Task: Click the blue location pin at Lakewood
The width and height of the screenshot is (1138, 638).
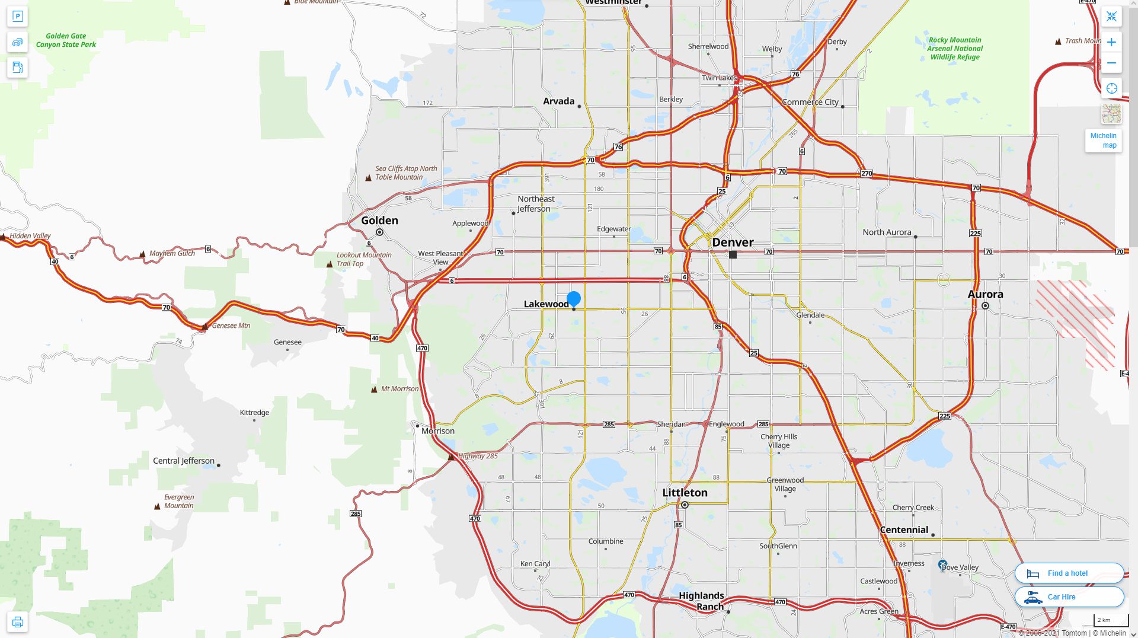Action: click(573, 299)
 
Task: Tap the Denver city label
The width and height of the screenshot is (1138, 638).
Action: click(733, 242)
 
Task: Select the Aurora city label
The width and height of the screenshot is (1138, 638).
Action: click(985, 294)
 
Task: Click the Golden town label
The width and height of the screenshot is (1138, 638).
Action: click(379, 221)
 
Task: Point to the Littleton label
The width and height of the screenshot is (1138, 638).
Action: click(685, 493)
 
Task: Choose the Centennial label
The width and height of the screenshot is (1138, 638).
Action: click(903, 530)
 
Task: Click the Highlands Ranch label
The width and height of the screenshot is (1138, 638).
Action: click(701, 601)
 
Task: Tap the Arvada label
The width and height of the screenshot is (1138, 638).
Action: click(558, 101)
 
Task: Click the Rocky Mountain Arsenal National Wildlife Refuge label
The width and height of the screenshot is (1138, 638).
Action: click(954, 49)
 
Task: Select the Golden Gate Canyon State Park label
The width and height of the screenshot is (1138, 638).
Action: click(66, 40)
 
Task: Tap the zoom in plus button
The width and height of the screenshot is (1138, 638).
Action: click(1111, 42)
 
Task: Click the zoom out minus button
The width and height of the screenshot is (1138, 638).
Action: click(1111, 63)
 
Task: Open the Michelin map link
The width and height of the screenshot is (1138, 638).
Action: click(1103, 141)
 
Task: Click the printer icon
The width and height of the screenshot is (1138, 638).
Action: click(17, 622)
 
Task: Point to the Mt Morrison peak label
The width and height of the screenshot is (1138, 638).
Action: click(399, 389)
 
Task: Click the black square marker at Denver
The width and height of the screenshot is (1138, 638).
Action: click(733, 255)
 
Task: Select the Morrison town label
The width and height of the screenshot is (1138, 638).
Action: click(437, 431)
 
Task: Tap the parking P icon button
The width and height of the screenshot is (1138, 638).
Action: click(17, 17)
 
